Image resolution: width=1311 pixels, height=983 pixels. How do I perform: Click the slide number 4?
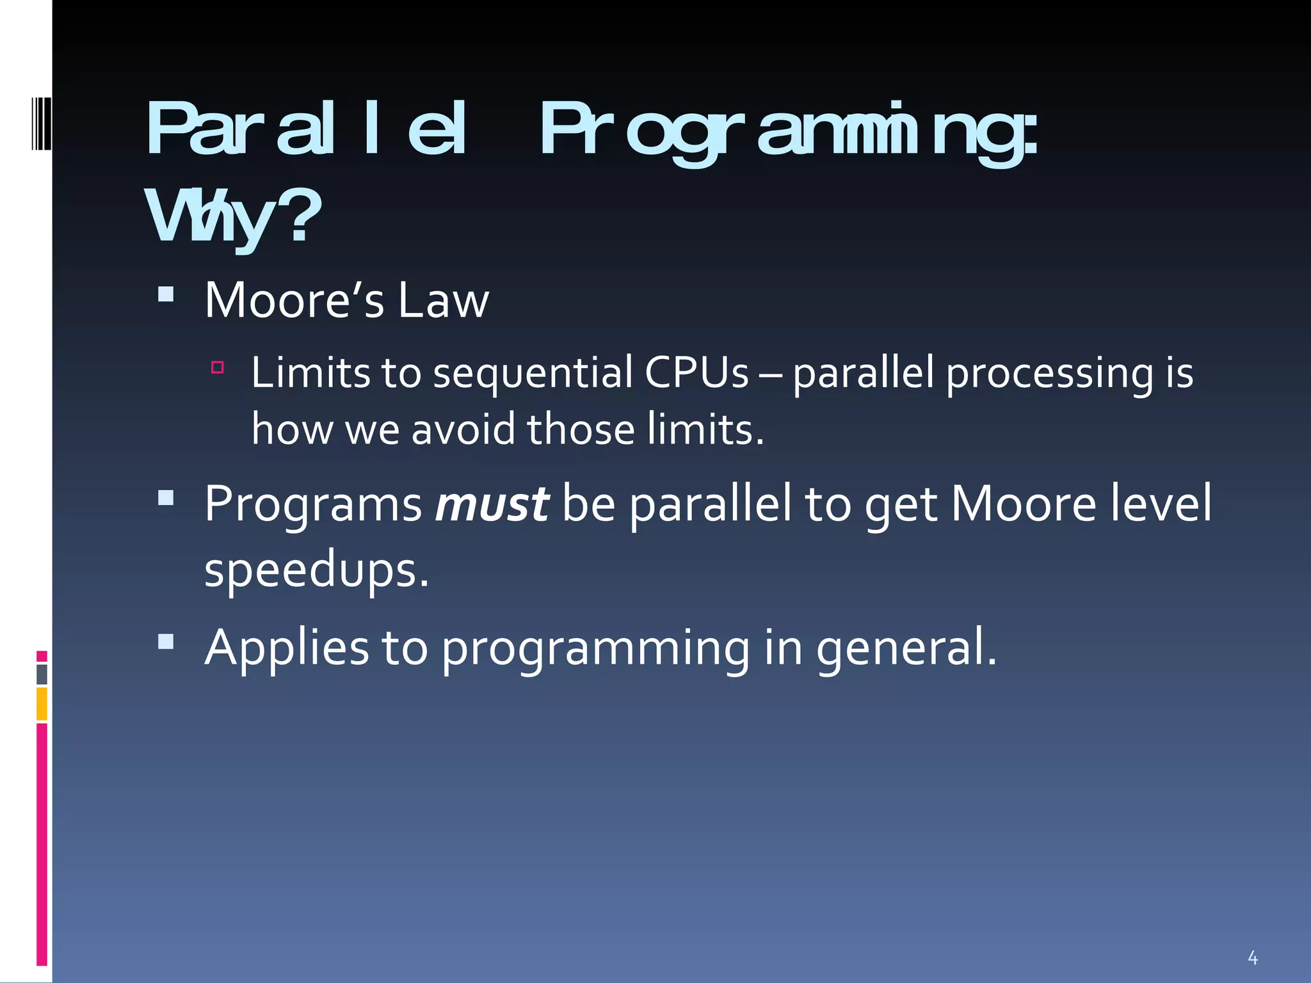pos(1253,958)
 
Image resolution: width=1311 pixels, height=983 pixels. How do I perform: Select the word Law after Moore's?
pos(443,301)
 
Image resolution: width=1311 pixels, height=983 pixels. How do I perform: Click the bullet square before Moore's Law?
pos(166,294)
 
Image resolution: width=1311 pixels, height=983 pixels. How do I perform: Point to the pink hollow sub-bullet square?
pos(218,367)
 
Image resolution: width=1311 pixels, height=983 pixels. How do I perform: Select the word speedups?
pos(316,570)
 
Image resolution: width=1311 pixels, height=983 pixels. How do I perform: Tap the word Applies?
pos(286,648)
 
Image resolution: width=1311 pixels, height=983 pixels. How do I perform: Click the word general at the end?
pos(905,648)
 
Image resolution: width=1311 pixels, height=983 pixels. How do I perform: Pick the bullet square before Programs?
pos(166,498)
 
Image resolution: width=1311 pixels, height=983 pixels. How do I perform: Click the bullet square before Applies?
pos(166,641)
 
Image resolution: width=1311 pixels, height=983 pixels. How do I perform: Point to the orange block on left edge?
pos(42,704)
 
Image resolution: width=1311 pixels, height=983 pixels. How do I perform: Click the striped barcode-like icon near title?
pos(41,123)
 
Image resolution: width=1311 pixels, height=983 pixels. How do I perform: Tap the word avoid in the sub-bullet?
pos(463,429)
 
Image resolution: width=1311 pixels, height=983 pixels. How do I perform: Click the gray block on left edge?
pos(42,675)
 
